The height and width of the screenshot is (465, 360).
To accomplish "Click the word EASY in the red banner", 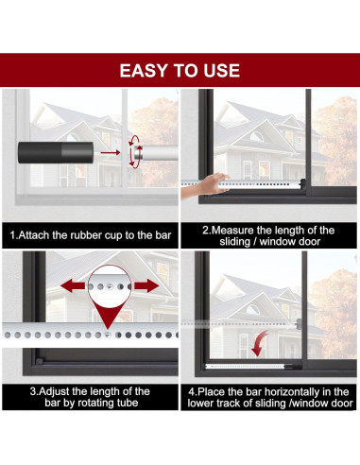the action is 140,71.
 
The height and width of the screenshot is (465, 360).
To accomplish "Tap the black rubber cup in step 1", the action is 56,153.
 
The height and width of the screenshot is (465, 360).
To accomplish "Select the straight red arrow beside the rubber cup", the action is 111,153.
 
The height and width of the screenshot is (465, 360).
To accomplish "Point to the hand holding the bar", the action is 203,186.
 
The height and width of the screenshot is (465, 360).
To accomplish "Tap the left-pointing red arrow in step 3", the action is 73,286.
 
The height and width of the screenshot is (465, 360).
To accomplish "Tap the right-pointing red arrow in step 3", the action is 146,286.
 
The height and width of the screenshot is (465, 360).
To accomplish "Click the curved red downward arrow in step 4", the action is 260,344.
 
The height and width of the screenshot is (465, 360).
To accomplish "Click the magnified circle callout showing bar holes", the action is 110,286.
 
